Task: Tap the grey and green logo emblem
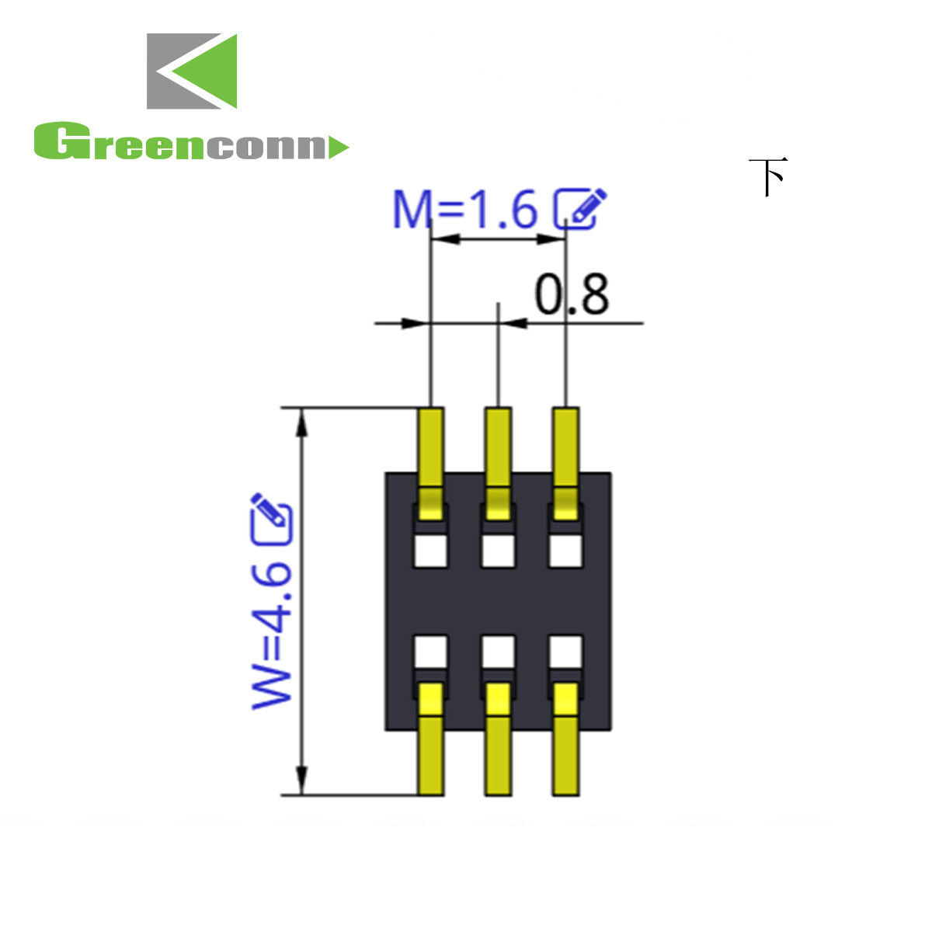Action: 192,71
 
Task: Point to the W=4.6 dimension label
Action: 272,635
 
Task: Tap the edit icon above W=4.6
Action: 271,519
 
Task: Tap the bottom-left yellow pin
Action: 431,742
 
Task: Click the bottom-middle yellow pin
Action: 498,742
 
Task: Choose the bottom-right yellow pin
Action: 565,742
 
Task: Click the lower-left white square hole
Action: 431,652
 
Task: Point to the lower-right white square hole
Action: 565,652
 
